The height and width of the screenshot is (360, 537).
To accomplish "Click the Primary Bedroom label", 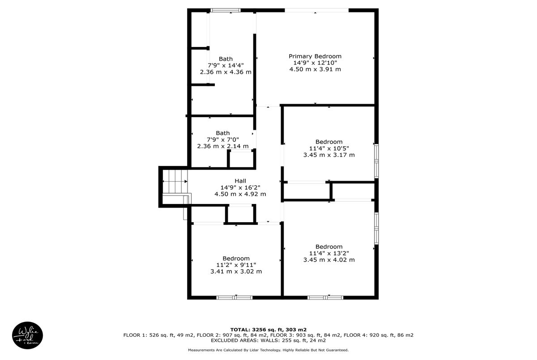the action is [x=315, y=56].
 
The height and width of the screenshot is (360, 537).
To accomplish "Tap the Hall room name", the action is [x=240, y=181].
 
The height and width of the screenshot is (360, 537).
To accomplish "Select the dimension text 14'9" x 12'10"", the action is [x=315, y=63].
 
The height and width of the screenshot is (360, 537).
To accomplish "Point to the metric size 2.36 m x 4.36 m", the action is [x=226, y=72].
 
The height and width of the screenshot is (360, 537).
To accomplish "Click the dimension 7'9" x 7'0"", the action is [x=223, y=140].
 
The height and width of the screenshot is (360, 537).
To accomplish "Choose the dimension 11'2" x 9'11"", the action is [x=236, y=265].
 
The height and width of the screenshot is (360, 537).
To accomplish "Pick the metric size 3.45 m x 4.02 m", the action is [x=329, y=260].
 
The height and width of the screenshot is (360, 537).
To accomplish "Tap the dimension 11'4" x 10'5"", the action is [x=329, y=148].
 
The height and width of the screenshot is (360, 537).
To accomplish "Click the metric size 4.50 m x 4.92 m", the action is [x=240, y=194].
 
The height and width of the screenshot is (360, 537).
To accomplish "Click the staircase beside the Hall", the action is [x=175, y=181].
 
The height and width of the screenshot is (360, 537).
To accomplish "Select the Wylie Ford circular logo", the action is [x=28, y=335].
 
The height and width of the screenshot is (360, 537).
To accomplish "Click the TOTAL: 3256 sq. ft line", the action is [x=268, y=330].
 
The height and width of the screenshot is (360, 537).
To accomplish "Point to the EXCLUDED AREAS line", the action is [x=268, y=340].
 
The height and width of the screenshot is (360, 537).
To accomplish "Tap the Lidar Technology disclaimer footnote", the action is [x=268, y=350].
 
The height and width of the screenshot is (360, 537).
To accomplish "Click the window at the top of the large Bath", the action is [x=226, y=10].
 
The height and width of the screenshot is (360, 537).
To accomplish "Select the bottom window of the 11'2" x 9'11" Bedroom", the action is [x=234, y=297].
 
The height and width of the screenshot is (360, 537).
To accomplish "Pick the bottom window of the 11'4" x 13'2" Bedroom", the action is [x=325, y=297].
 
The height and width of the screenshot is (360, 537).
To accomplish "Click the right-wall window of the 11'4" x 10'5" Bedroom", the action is [x=377, y=161].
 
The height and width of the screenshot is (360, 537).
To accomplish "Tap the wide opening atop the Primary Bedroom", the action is [x=317, y=10].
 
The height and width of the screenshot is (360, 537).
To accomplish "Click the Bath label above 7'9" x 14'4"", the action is [x=226, y=59].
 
